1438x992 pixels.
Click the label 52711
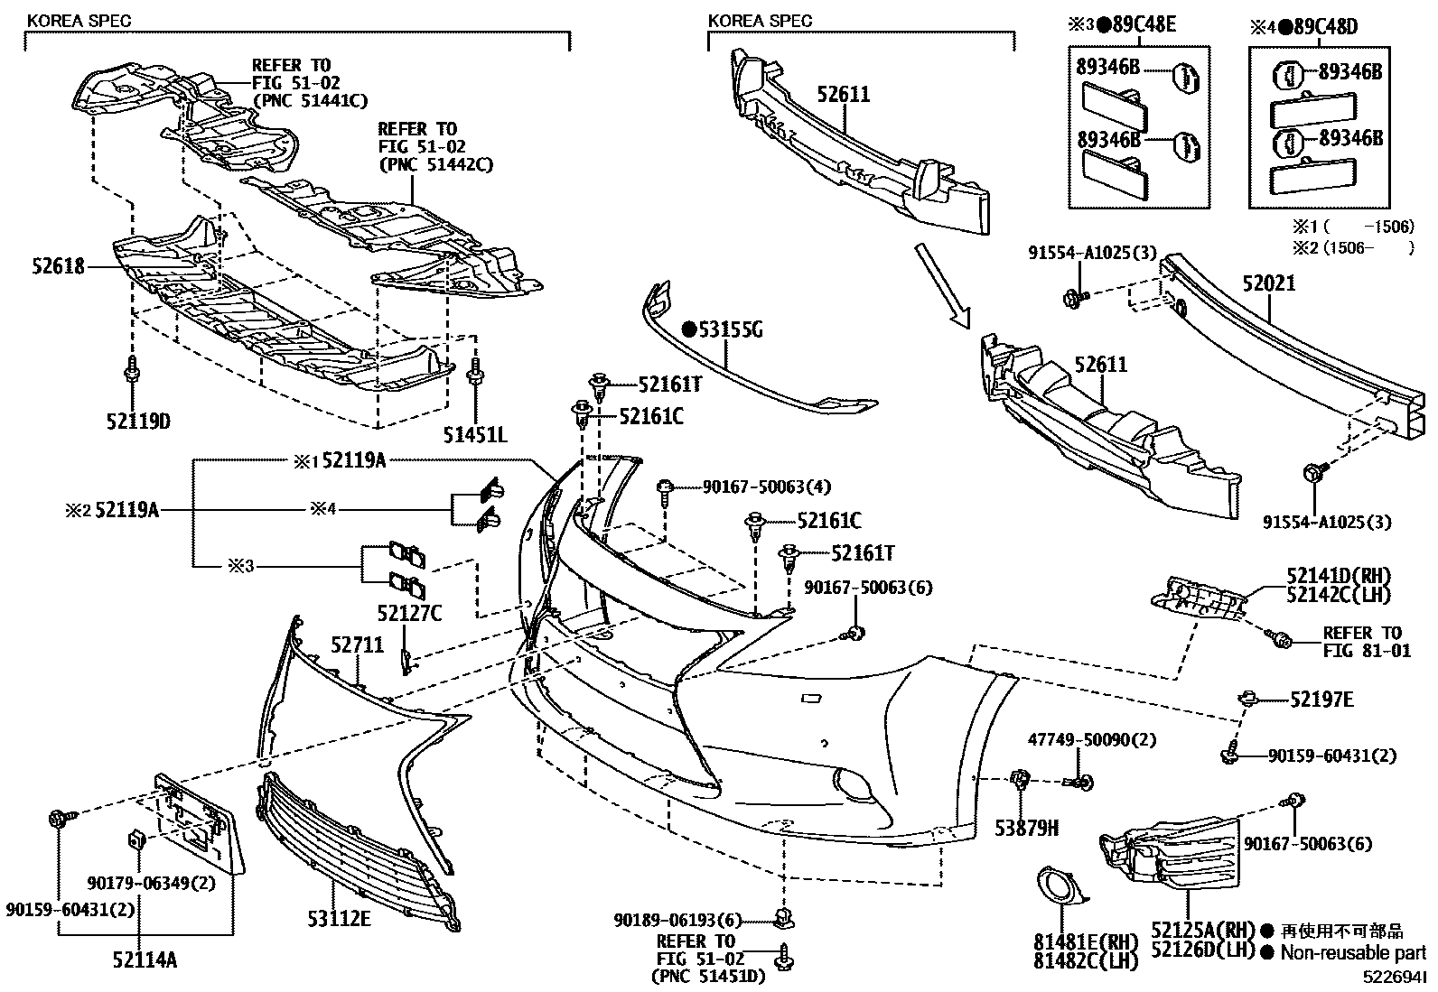pos(357,645)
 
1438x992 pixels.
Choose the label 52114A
pos(145,960)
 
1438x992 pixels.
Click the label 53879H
pos(1028,827)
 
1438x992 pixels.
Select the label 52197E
pos(1321,699)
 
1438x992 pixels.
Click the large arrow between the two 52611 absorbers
pos(943,283)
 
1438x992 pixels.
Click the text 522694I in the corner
pos(1396,977)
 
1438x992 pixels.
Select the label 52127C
pos(409,613)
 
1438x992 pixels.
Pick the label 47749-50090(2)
pos(1092,739)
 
